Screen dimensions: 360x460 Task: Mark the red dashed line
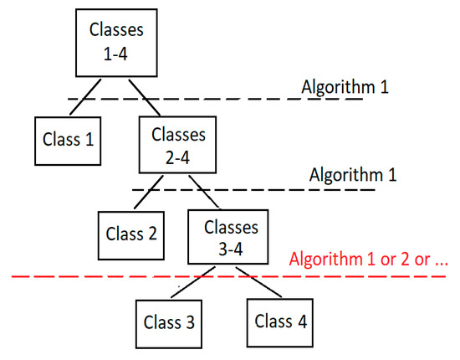84,276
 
